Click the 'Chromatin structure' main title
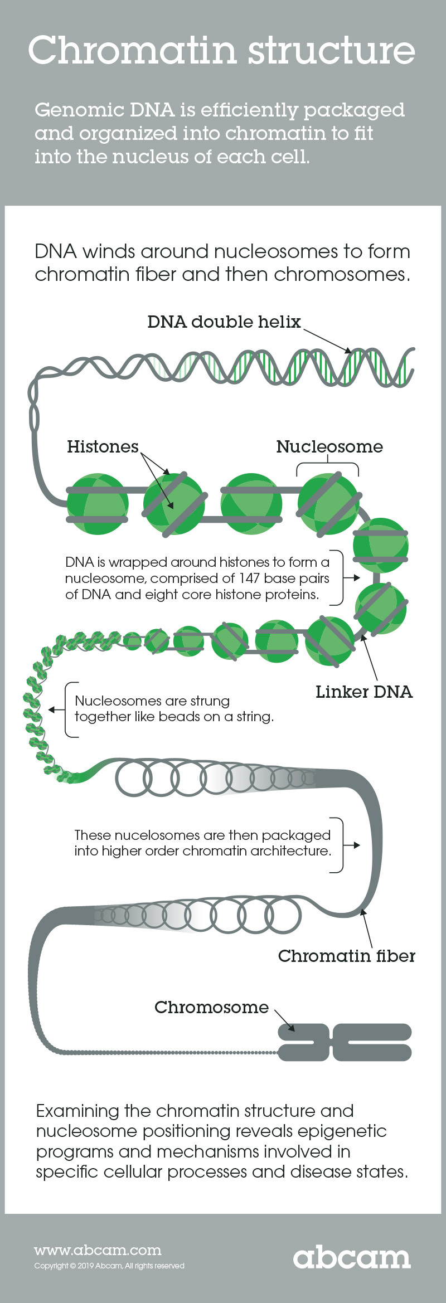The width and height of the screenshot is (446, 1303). pyautogui.click(x=222, y=50)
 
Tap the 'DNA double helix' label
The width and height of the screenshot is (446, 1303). pyautogui.click(x=224, y=322)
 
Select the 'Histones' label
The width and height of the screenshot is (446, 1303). pyautogui.click(x=103, y=446)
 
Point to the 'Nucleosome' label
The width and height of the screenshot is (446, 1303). pyautogui.click(x=329, y=446)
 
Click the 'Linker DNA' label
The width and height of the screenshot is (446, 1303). pyautogui.click(x=364, y=692)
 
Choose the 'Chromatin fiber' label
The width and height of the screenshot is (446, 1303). pyautogui.click(x=347, y=956)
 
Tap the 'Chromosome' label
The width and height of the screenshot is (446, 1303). pyautogui.click(x=211, y=1007)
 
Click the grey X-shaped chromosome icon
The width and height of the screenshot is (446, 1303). pyautogui.click(x=345, y=1042)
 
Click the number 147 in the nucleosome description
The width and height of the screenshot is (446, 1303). pyautogui.click(x=249, y=578)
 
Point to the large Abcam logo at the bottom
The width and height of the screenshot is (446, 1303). pyautogui.click(x=352, y=1257)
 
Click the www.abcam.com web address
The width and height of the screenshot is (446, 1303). pyautogui.click(x=98, y=1250)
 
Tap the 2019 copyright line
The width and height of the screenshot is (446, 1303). pyautogui.click(x=109, y=1266)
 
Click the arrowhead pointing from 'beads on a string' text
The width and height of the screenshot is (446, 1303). pyautogui.click(x=51, y=709)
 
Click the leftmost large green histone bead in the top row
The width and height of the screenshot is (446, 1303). pyautogui.click(x=98, y=504)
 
